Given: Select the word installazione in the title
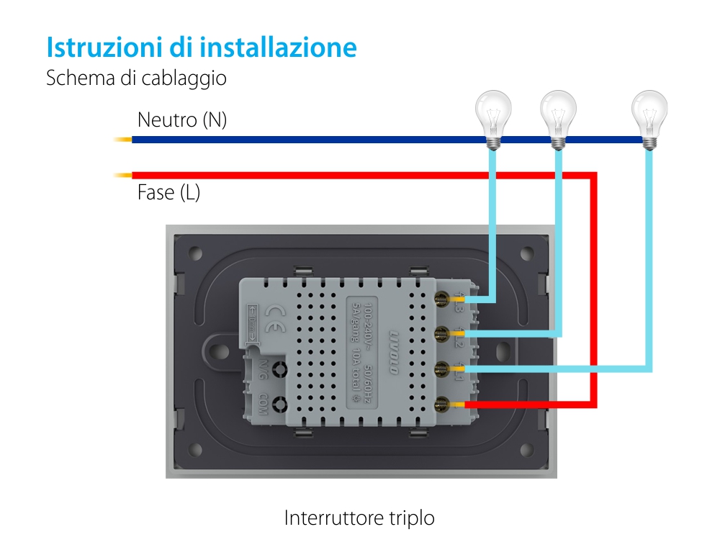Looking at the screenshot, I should pyautogui.click(x=278, y=48).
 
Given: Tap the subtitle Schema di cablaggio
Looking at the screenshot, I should pyautogui.click(x=136, y=78).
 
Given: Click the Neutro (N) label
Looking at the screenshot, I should pyautogui.click(x=181, y=119).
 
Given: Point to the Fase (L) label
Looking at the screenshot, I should pyautogui.click(x=168, y=193).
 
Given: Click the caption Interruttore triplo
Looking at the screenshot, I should pyautogui.click(x=359, y=518).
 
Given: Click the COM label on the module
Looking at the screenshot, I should pyautogui.click(x=264, y=405).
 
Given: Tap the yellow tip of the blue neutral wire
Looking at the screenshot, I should pyautogui.click(x=122, y=140).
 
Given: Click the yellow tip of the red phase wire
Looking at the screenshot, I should pyautogui.click(x=122, y=175).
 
